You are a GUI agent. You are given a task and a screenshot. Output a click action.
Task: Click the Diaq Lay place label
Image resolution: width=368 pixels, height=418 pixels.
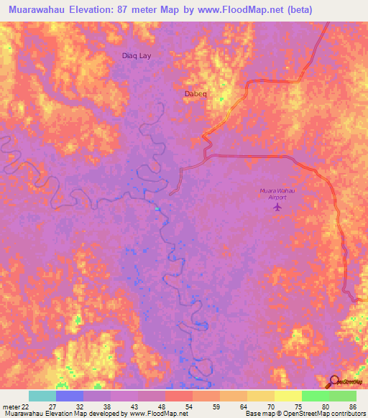(137, 55)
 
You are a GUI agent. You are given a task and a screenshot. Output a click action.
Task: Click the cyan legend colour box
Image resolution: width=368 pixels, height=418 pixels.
(42, 396)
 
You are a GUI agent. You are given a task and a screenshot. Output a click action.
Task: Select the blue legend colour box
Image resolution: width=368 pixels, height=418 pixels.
(70, 396)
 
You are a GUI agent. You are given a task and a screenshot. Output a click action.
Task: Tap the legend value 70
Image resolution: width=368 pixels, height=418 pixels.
(262, 406)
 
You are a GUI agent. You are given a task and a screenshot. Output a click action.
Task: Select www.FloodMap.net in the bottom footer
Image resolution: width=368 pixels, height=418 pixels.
(158, 414)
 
